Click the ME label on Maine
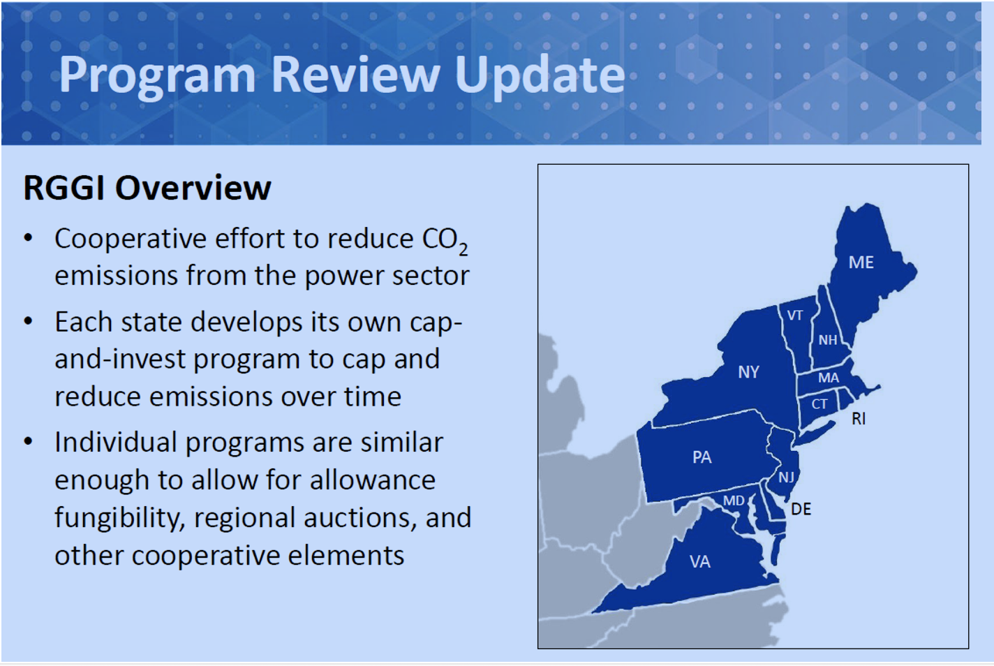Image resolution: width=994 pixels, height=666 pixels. [x=861, y=262]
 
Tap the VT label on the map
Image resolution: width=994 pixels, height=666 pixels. [x=795, y=316]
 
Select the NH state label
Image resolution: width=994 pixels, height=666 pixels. [x=828, y=340]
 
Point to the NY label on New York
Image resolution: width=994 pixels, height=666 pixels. [x=748, y=372]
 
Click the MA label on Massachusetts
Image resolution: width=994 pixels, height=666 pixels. [x=829, y=378]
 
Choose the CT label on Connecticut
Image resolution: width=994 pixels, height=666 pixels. [x=819, y=404]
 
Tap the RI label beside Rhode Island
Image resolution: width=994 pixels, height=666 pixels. [x=859, y=418]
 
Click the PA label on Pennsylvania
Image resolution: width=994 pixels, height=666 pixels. [x=702, y=457]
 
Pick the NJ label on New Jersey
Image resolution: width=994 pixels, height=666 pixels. [x=786, y=477]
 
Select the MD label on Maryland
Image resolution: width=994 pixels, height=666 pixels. [x=734, y=501]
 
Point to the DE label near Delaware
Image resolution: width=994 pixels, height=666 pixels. [x=801, y=509]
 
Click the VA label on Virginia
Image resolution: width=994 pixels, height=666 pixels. [x=700, y=562]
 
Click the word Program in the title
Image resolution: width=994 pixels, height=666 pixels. [x=157, y=76]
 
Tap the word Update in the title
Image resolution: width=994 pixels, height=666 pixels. [x=540, y=76]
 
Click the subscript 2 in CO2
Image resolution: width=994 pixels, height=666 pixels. [x=463, y=250]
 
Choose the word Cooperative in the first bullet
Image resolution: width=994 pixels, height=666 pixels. [x=131, y=239]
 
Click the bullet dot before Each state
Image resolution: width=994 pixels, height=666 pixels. [x=29, y=321]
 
